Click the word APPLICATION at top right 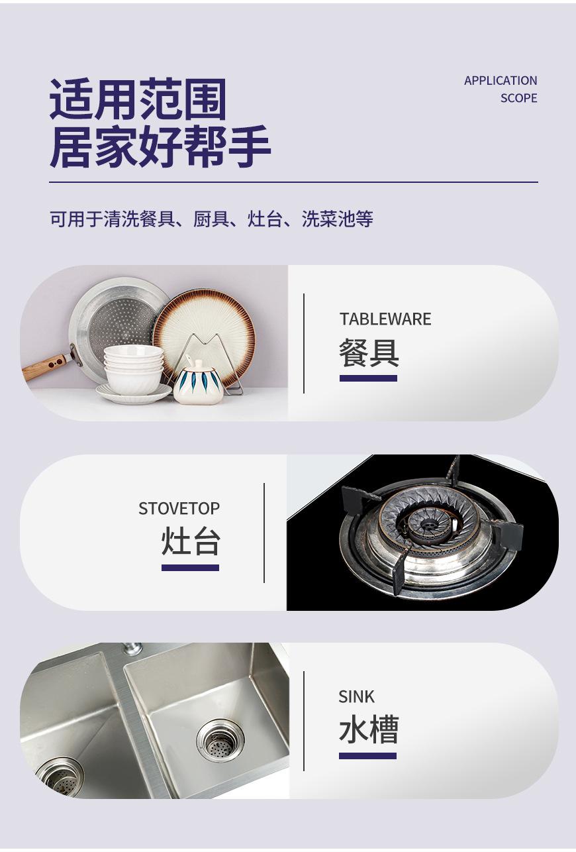click(501, 81)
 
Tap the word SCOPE click(518, 98)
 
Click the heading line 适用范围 click(138, 100)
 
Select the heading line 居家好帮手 click(160, 146)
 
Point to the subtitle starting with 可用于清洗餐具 click(211, 219)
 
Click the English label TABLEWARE click(385, 319)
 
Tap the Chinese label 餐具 click(369, 352)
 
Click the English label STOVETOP click(179, 509)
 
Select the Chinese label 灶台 click(191, 542)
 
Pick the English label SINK click(356, 697)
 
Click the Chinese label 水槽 click(368, 730)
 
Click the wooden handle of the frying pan click(45, 366)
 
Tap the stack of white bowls click(133, 367)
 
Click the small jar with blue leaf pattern click(198, 383)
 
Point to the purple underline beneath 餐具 click(368, 378)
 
